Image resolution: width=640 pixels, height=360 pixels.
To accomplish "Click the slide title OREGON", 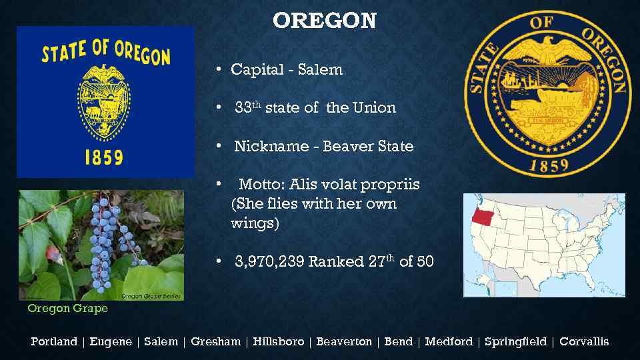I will tap(325, 21).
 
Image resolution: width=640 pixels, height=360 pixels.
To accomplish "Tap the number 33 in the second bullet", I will tap(243, 108).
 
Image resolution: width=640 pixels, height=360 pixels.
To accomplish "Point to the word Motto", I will tap(260, 184).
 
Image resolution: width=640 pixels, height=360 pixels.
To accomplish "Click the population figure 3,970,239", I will tap(269, 261).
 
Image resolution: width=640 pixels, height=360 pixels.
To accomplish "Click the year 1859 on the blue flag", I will tap(103, 157).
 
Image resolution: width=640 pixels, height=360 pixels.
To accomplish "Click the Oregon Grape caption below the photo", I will tap(67, 309).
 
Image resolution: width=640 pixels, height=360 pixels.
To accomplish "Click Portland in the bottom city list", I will tap(54, 341).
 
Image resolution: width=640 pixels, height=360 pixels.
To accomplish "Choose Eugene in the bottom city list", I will tap(111, 341).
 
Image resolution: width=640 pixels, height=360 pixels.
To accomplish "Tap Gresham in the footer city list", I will tap(215, 341).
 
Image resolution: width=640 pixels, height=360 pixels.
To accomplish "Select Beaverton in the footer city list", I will tap(344, 341).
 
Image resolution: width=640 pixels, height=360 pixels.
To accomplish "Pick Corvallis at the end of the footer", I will tap(584, 341).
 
